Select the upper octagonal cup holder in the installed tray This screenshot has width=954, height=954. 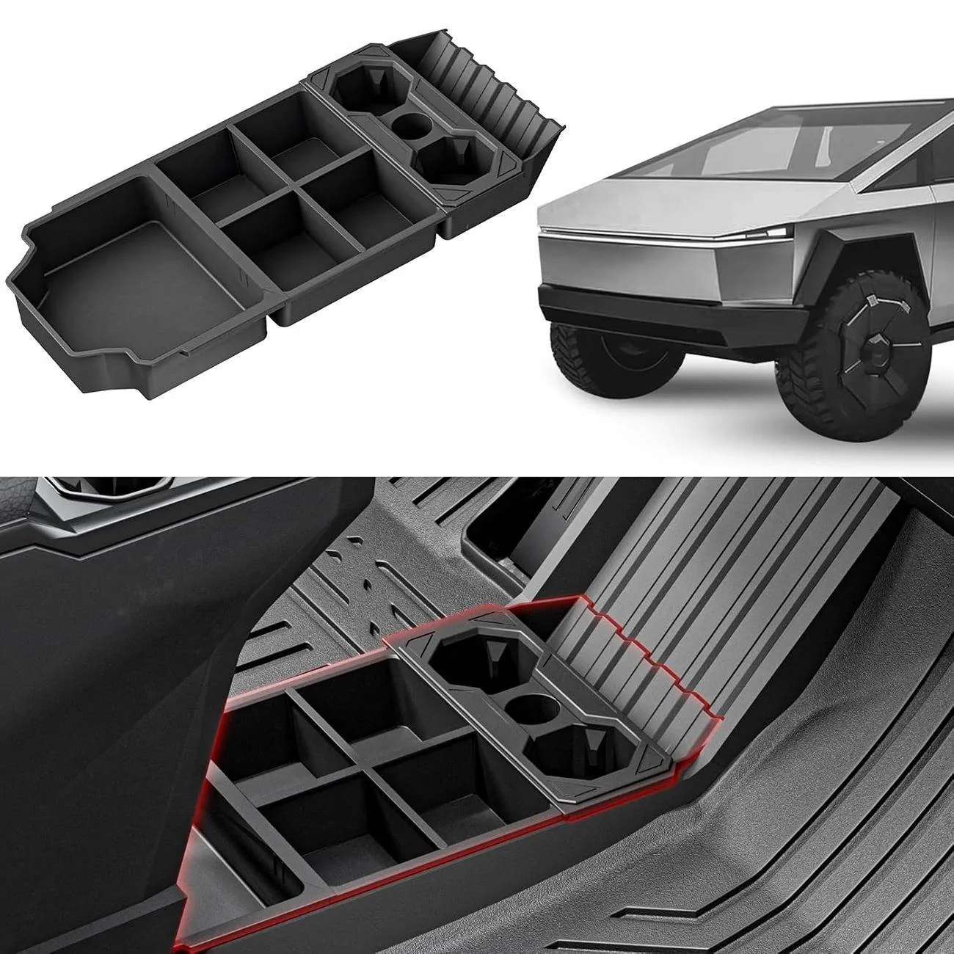click(470, 657)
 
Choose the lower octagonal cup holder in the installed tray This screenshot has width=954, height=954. click(569, 749)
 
